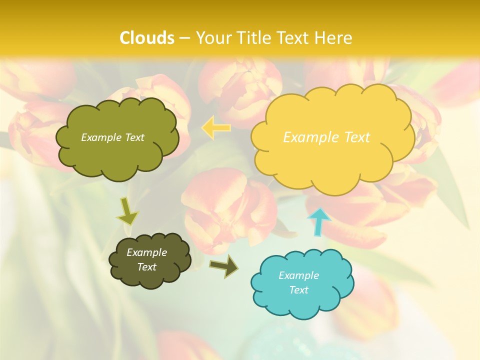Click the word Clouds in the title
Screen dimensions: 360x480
(x=147, y=37)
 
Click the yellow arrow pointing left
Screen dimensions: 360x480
(x=216, y=128)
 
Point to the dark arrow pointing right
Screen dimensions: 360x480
(x=224, y=266)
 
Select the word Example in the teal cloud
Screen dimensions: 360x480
(x=298, y=275)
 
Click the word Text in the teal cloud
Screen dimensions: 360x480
(x=298, y=290)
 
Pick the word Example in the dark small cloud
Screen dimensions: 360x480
(x=146, y=252)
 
